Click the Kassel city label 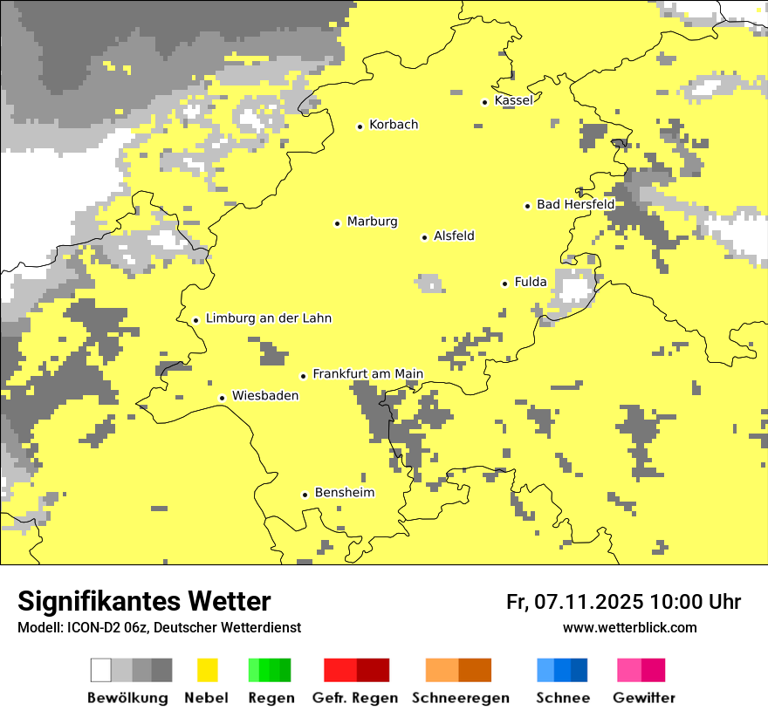click(x=513, y=100)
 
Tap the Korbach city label click(x=394, y=125)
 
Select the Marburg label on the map click(x=372, y=222)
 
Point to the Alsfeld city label click(x=454, y=236)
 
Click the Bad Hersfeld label click(x=575, y=204)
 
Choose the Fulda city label click(x=531, y=282)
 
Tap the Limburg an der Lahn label click(x=268, y=318)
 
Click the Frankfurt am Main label click(x=367, y=374)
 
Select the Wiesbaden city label click(x=265, y=396)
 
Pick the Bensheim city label click(x=344, y=493)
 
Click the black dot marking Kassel click(x=485, y=102)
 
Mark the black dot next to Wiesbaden click(x=223, y=398)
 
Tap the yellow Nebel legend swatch click(x=208, y=670)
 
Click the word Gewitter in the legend click(x=644, y=698)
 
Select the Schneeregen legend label click(x=461, y=698)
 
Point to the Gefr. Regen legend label click(x=355, y=698)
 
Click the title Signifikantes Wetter click(x=144, y=601)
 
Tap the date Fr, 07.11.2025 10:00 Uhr click(x=623, y=602)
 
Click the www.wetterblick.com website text click(x=629, y=628)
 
